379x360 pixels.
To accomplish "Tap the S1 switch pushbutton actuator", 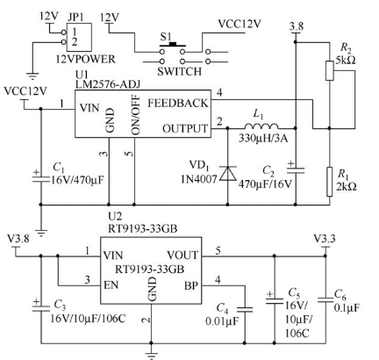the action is pyautogui.click(x=173, y=45).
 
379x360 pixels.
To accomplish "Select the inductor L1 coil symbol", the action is pyautogui.click(x=261, y=126).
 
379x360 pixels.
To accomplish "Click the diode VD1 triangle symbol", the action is pyautogui.click(x=228, y=173).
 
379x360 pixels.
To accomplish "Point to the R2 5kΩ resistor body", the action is pyautogui.click(x=330, y=70).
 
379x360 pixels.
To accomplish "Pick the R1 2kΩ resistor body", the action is pyautogui.click(x=330, y=182).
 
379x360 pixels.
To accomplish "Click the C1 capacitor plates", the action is pyautogui.click(x=40, y=179).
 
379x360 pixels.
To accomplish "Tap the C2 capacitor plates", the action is pyautogui.click(x=296, y=170).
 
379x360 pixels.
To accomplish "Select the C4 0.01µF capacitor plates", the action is pyautogui.click(x=245, y=310).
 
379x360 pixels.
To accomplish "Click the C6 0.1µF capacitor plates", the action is pyautogui.click(x=325, y=300).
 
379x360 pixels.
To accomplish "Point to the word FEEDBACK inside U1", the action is pyautogui.click(x=178, y=103).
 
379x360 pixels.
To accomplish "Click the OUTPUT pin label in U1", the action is pyautogui.click(x=185, y=129).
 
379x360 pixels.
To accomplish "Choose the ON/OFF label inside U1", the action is pyautogui.click(x=136, y=115).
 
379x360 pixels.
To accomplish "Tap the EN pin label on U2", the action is pyautogui.click(x=111, y=284).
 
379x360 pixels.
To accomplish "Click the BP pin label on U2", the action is pyautogui.click(x=191, y=285).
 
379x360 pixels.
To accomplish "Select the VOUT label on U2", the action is pyautogui.click(x=182, y=256).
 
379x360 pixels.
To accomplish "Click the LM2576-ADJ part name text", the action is pyautogui.click(x=108, y=84).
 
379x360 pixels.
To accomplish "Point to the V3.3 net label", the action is pyautogui.click(x=325, y=239).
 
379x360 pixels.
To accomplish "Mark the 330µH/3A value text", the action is pyautogui.click(x=263, y=138).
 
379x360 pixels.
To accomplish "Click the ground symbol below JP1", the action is pyautogui.click(x=32, y=76).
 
